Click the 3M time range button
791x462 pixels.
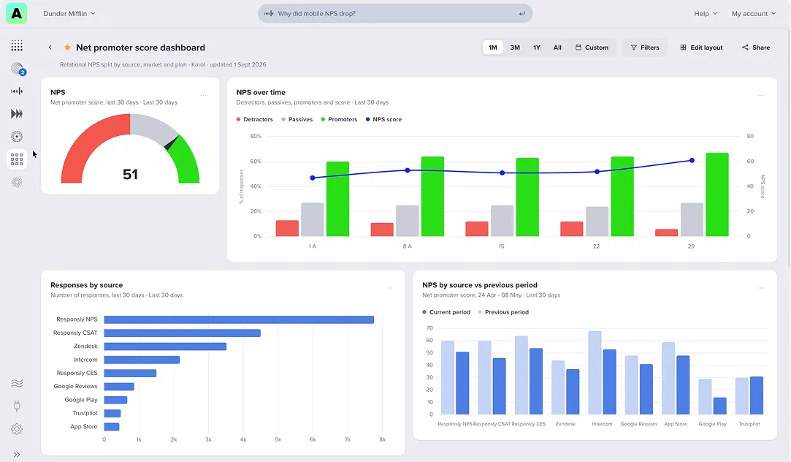[515, 48]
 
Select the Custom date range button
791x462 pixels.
[592, 48]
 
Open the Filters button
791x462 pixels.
[645, 48]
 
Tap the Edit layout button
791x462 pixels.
[701, 48]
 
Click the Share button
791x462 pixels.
[756, 48]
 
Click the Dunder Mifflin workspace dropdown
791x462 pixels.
[69, 14]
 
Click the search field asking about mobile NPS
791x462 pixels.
[395, 14]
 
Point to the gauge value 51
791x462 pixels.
[130, 174]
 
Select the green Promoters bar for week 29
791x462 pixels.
[717, 194]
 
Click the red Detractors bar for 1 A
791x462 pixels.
[287, 228]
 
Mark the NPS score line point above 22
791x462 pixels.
[597, 172]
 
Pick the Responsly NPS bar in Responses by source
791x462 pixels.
[239, 319]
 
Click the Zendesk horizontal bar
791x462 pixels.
[166, 346]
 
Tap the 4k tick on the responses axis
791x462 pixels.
[243, 440]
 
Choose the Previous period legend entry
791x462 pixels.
[503, 313]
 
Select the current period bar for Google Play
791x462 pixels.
[720, 406]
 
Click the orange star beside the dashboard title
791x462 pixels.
[67, 48]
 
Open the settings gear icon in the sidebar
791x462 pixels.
[17, 428]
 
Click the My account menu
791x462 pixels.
[754, 14]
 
